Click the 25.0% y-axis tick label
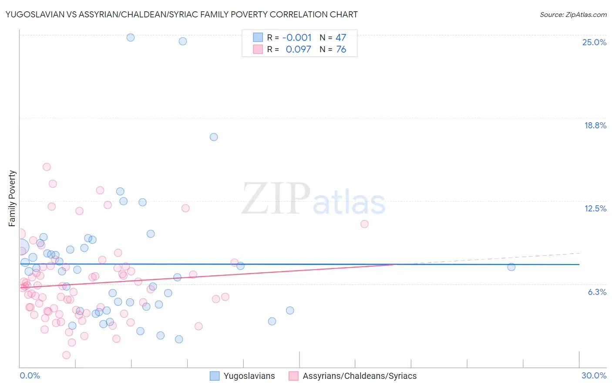[x=594, y=42]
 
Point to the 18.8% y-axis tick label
[x=595, y=125]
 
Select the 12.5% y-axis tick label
[x=595, y=208]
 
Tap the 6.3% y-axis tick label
[x=597, y=292]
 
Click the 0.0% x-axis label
[x=30, y=375]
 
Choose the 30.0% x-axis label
[x=594, y=375]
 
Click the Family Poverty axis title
[x=12, y=198]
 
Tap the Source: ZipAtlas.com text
[x=573, y=14]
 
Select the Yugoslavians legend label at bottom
[x=249, y=376]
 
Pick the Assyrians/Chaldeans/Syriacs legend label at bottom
[x=360, y=376]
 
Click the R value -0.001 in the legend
[x=297, y=38]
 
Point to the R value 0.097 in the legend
[x=298, y=50]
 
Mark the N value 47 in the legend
[x=341, y=38]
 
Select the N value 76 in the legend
[x=341, y=50]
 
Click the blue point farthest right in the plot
[x=511, y=267]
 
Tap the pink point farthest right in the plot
[x=364, y=224]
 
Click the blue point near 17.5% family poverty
[x=214, y=137]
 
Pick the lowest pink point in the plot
[x=67, y=355]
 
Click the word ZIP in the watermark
[x=276, y=198]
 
